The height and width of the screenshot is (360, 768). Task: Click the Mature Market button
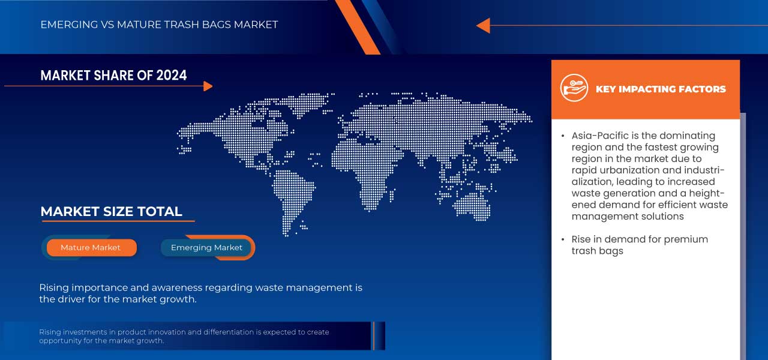click(x=91, y=248)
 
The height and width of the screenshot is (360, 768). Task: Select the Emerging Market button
click(x=206, y=248)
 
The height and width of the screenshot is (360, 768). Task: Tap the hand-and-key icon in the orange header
click(x=574, y=88)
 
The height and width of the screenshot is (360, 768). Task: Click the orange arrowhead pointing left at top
click(x=484, y=26)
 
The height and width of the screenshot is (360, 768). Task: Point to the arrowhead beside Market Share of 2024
click(x=208, y=86)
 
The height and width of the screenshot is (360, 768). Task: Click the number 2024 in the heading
click(x=172, y=76)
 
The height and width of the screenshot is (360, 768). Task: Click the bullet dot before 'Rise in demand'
click(x=563, y=239)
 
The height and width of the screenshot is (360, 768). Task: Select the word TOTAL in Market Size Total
click(x=160, y=212)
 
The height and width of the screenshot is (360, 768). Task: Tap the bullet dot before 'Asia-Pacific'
click(x=563, y=136)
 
